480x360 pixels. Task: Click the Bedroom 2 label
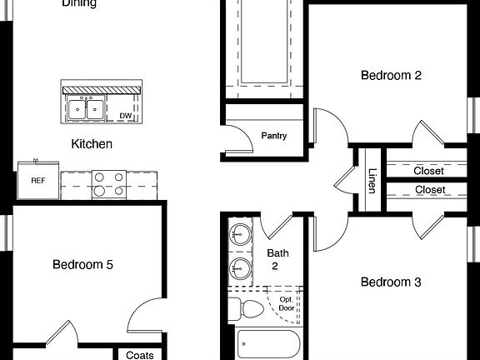[x=391, y=75]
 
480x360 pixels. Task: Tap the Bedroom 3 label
[x=391, y=282]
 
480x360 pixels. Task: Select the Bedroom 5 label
[x=82, y=265]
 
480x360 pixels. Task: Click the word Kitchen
[x=92, y=144]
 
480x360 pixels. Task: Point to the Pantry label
[x=274, y=135]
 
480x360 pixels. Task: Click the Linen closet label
[x=372, y=180]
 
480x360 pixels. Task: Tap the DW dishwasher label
[x=125, y=116]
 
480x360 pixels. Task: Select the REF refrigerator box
[x=37, y=180]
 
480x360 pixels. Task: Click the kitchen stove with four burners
[x=108, y=183]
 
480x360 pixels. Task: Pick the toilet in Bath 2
[x=245, y=308]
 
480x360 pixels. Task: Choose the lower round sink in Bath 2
[x=241, y=267]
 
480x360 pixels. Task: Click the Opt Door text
[x=286, y=304]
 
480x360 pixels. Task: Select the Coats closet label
[x=139, y=355]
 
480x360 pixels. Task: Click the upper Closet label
[x=429, y=171]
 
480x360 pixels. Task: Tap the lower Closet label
[x=429, y=190]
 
